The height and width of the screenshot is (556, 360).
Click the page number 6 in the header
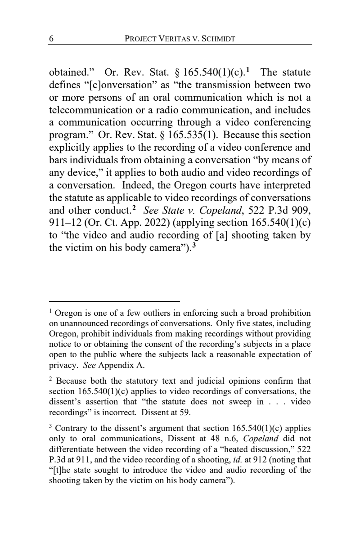(x=51, y=39)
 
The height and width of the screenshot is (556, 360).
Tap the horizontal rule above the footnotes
(x=114, y=301)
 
